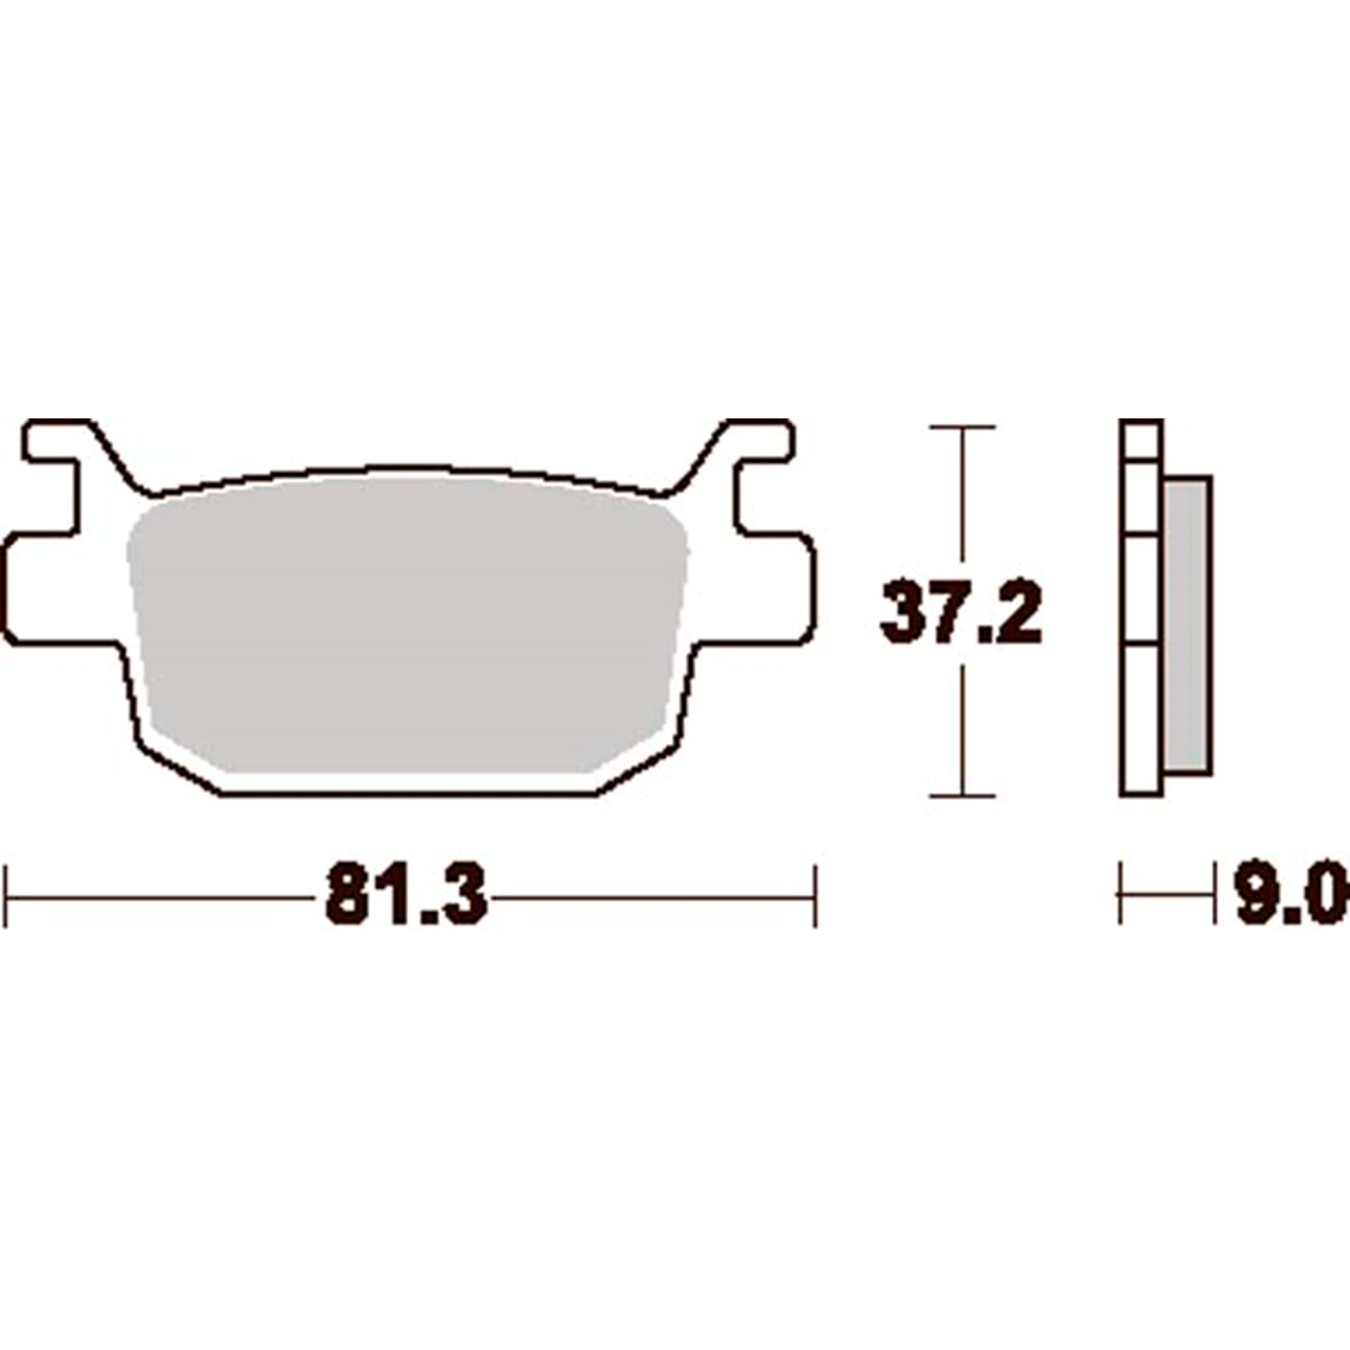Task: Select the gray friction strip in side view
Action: [x=1187, y=626]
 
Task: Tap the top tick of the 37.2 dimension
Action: [x=962, y=427]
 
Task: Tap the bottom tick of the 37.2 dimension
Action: [x=962, y=796]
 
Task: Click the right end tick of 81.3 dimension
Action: [x=815, y=897]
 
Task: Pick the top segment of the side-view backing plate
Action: [x=1140, y=441]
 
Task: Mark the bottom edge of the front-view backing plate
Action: [x=408, y=795]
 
